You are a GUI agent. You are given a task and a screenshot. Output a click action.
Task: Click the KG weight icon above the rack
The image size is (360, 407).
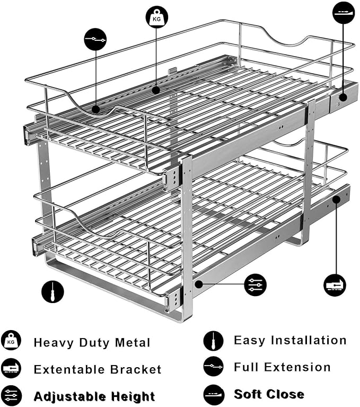(x=157, y=17)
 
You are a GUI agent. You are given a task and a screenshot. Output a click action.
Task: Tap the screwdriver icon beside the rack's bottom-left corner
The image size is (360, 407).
(x=52, y=291)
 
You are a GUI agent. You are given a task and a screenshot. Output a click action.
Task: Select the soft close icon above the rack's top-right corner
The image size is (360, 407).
(x=344, y=12)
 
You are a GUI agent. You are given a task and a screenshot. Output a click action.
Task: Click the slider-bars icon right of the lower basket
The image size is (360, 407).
(x=256, y=285)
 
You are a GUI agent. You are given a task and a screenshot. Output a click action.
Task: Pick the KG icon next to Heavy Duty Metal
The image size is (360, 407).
(x=11, y=341)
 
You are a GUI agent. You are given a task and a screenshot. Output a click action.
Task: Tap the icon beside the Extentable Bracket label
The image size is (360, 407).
(x=11, y=369)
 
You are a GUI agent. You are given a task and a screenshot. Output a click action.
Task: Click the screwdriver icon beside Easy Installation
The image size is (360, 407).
(x=213, y=340)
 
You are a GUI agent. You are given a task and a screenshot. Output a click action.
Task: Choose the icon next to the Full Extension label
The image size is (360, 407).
(x=213, y=367)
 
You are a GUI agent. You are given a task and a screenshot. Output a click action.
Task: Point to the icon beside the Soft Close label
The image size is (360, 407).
(x=213, y=394)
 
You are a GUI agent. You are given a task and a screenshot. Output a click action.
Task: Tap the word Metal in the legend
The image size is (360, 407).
(x=131, y=343)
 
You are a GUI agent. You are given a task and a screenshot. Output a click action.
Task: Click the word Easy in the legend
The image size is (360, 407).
(x=251, y=341)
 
